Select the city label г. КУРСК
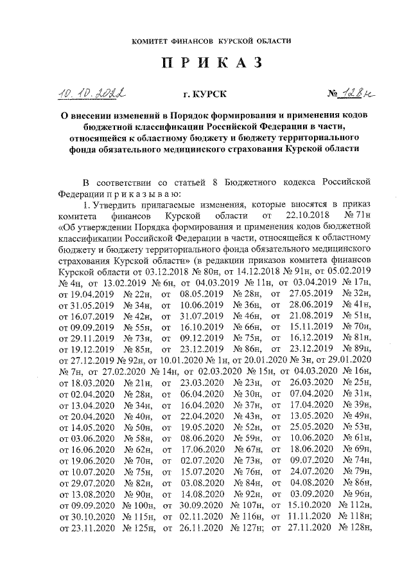(205, 95)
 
